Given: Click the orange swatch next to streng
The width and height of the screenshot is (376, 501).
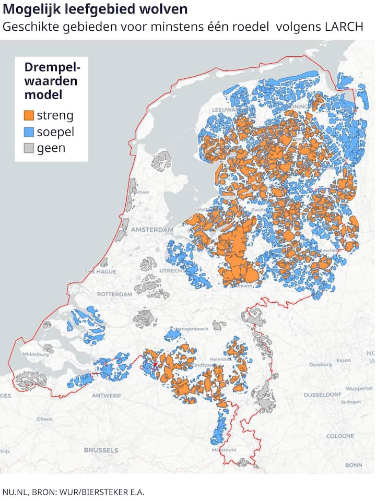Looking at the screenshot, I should point(29,115).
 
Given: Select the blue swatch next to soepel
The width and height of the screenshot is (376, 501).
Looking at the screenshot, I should point(29,132).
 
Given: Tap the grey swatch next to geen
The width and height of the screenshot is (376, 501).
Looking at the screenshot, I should point(29,148).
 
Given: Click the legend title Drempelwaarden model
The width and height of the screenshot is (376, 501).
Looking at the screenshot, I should point(51,81).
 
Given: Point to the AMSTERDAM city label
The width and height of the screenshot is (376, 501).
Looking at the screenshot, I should point(152,230).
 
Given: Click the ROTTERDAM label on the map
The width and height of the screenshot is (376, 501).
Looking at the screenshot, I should point(114,294).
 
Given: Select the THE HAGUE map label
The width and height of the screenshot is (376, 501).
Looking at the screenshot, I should point(99,272).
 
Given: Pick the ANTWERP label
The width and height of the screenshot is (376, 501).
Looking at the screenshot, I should point(106,396).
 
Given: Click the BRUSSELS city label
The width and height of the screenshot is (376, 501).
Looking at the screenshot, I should point(101,450).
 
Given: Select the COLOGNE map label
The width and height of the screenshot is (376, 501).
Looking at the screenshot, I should point(340,436).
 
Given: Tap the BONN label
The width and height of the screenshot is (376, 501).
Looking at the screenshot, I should point(354,464).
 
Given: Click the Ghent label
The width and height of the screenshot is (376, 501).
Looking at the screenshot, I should point(44,419).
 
